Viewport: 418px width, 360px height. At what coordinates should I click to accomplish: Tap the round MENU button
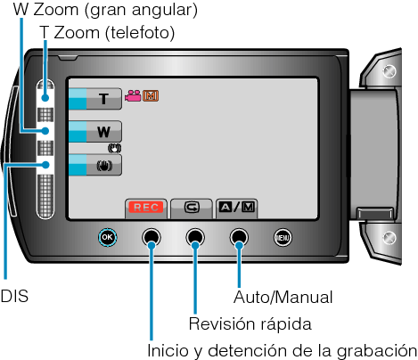(x=283, y=237)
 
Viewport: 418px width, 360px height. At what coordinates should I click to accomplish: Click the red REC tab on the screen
(x=146, y=209)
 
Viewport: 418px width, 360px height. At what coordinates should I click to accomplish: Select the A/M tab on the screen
(x=236, y=209)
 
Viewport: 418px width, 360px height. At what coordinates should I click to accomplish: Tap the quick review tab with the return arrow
(x=192, y=209)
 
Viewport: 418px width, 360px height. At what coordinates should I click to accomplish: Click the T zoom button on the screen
(x=95, y=99)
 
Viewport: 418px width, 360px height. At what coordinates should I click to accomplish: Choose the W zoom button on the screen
(x=95, y=131)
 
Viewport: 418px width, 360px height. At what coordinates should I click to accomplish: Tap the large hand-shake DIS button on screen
(x=95, y=165)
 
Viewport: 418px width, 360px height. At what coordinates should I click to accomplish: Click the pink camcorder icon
(x=133, y=95)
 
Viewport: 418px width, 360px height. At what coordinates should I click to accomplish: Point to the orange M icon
(x=151, y=95)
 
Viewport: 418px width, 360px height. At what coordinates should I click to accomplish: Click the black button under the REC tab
(x=152, y=237)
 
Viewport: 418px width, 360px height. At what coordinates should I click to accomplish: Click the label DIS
(x=14, y=297)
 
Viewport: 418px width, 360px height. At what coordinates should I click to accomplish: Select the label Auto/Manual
(x=283, y=297)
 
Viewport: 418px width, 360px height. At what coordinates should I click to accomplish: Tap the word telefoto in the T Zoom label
(x=140, y=32)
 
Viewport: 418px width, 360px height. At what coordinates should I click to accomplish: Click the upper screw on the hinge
(x=389, y=71)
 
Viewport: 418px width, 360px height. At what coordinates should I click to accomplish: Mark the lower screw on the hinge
(x=389, y=238)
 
